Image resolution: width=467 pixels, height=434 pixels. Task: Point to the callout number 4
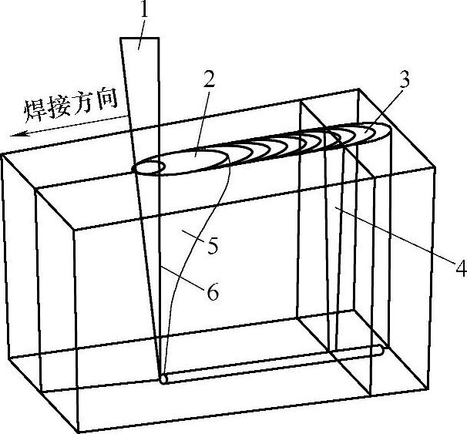tap(461, 268)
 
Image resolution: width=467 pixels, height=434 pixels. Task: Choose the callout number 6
tap(213, 292)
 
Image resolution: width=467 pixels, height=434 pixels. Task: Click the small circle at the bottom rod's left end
tap(163, 378)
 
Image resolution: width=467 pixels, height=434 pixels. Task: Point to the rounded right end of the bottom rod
tap(378, 350)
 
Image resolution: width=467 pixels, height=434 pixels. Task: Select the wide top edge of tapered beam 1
tap(139, 37)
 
